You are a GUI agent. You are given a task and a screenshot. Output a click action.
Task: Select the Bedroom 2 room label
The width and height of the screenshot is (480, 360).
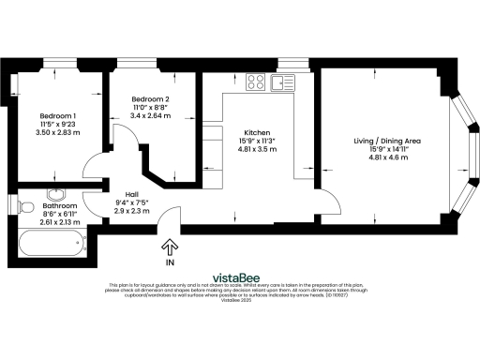coord(150,99)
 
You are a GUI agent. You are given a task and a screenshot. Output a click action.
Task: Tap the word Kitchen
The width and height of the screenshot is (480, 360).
coord(258,132)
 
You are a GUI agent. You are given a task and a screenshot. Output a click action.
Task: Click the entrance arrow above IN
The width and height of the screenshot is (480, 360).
coord(170,247)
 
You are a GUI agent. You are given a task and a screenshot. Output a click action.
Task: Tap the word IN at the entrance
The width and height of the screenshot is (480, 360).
coord(170,262)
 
